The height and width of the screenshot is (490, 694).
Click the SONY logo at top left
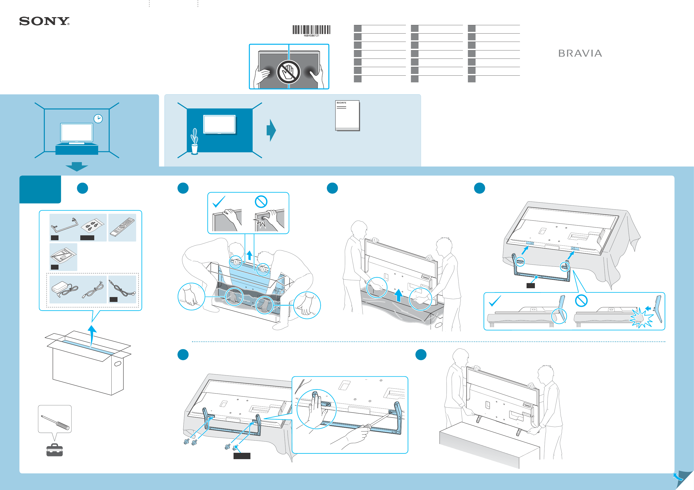(x=44, y=21)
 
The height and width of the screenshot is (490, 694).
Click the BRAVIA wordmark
(x=580, y=53)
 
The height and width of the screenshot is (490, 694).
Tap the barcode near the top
(x=311, y=30)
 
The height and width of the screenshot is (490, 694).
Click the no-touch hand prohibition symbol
(x=289, y=72)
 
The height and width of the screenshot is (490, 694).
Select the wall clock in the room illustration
(x=98, y=119)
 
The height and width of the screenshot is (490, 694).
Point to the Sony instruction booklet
(x=347, y=116)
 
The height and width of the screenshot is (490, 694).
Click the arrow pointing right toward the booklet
(x=271, y=130)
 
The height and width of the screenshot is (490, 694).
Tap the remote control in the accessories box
(x=122, y=227)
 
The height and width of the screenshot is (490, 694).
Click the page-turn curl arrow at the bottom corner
(x=678, y=477)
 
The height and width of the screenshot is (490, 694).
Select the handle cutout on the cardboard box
(x=118, y=363)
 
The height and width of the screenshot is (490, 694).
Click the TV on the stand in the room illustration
(x=77, y=133)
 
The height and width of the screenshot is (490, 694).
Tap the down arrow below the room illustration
(x=77, y=167)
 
